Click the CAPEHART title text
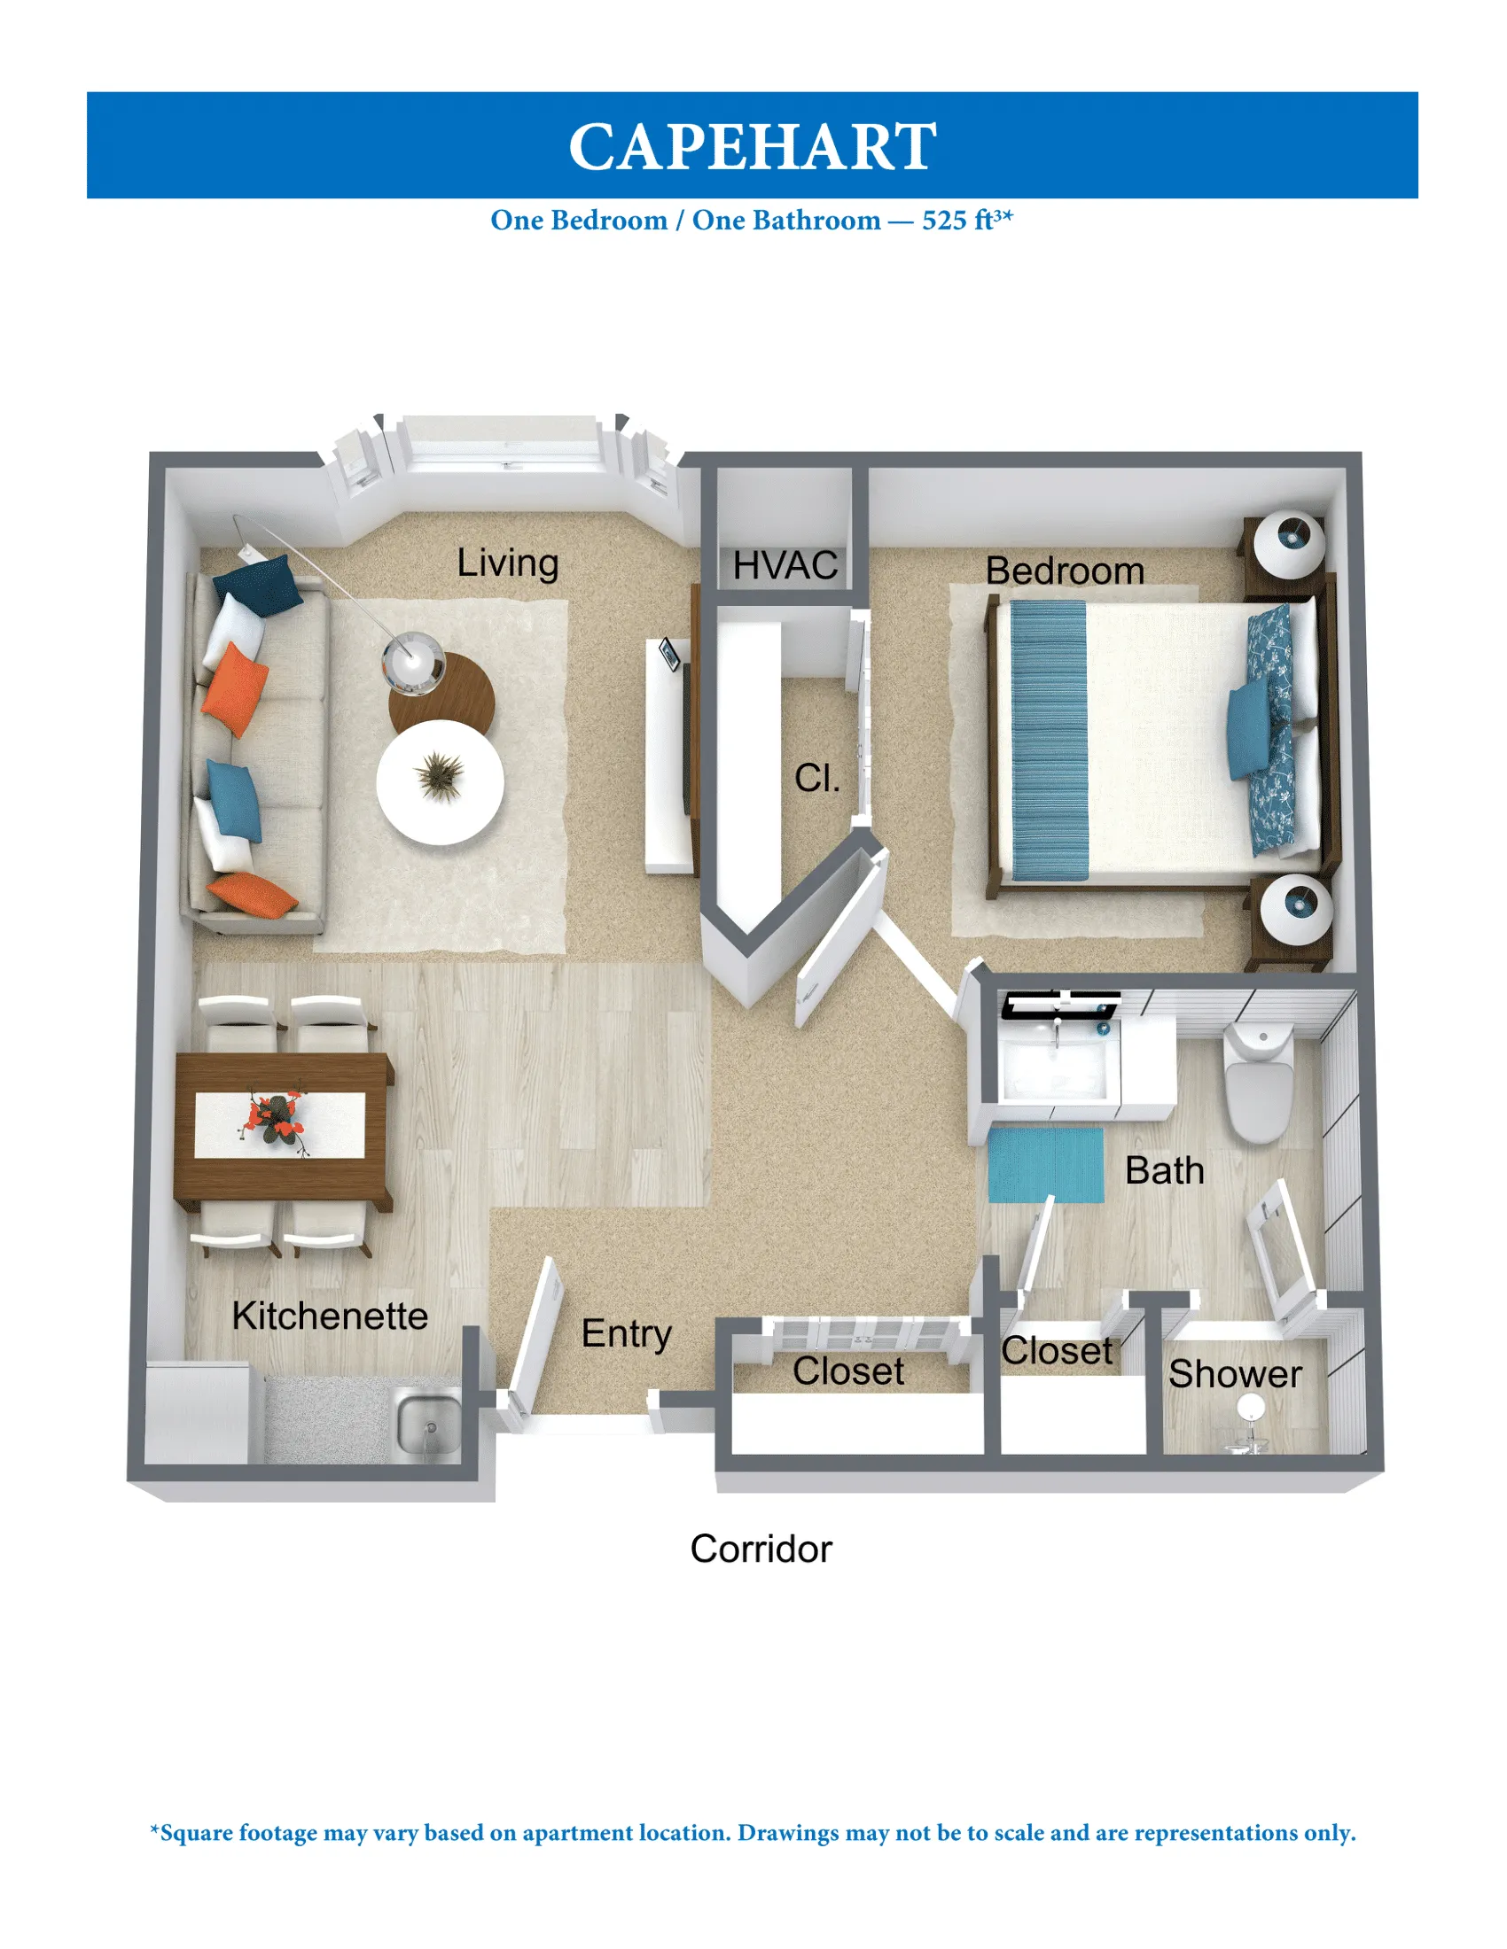point(753,146)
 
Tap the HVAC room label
point(785,565)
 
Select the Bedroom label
point(1064,571)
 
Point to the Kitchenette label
point(330,1316)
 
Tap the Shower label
point(1235,1374)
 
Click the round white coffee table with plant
point(441,781)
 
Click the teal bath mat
point(1045,1165)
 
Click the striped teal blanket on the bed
point(1049,739)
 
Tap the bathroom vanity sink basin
point(1058,1066)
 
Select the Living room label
point(507,563)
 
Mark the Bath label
point(1164,1171)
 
